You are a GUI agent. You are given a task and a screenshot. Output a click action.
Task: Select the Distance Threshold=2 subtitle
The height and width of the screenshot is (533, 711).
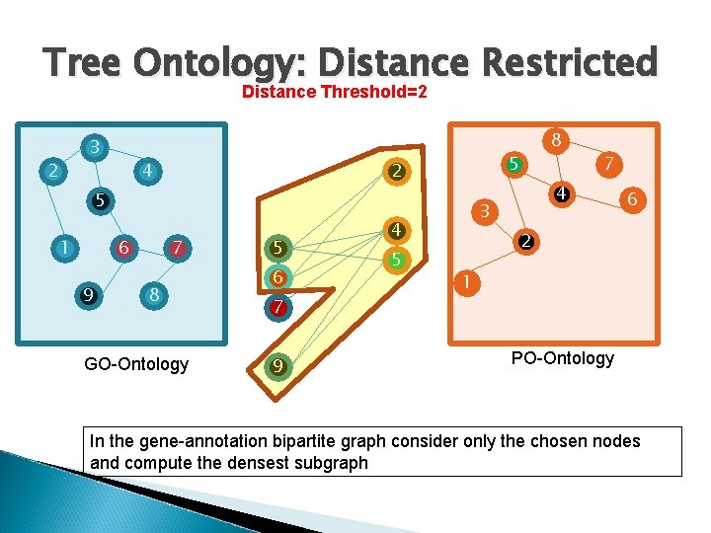(335, 93)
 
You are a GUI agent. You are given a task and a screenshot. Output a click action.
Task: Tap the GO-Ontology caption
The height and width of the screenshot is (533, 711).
(136, 364)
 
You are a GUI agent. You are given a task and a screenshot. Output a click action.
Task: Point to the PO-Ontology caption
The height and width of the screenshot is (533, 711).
(562, 358)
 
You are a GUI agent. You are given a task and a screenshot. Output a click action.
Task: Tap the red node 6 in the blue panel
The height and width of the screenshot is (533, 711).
(124, 247)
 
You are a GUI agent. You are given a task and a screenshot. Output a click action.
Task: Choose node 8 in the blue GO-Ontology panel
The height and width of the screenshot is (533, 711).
(154, 294)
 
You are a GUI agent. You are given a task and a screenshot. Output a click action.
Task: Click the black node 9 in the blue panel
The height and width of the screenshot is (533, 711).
(89, 293)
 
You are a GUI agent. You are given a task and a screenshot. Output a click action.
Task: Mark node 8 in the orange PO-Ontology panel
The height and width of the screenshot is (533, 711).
(557, 140)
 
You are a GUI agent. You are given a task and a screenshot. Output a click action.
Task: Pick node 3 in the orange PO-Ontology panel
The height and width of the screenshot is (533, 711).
(484, 210)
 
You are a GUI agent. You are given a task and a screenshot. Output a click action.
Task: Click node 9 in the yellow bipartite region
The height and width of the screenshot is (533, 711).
(278, 367)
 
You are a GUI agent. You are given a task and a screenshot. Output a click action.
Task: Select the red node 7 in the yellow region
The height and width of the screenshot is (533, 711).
(278, 308)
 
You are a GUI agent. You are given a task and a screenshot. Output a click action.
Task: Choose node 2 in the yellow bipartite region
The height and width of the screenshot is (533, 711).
(395, 172)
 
